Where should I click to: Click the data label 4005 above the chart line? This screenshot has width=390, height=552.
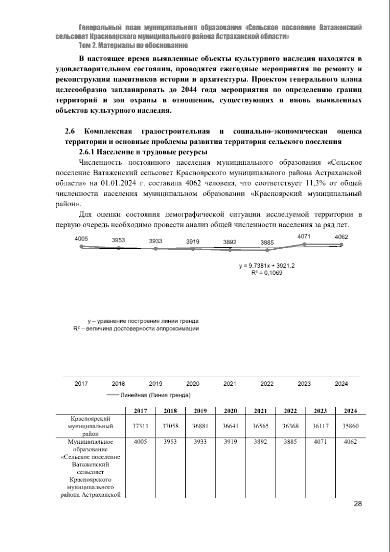(81, 239)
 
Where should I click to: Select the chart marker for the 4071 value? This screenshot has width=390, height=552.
(304, 244)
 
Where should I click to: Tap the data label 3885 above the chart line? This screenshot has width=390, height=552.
(267, 242)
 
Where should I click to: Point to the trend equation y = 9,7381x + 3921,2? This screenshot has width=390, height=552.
(267, 266)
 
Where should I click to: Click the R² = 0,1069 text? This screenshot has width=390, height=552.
(267, 273)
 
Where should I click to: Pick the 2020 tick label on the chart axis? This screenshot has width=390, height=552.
(193, 384)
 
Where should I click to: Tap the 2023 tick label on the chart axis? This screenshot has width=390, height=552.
(304, 384)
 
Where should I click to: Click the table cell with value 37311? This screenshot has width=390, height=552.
(140, 426)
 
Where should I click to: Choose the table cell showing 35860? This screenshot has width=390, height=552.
(350, 426)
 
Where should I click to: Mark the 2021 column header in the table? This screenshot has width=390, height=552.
(260, 411)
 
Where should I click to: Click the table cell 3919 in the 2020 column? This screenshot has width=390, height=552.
(230, 442)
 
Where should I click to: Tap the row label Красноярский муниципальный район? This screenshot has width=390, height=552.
(91, 426)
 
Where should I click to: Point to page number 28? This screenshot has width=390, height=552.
(357, 513)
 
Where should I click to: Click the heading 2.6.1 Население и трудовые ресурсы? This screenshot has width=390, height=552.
(143, 152)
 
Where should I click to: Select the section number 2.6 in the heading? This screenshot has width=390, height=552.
(70, 131)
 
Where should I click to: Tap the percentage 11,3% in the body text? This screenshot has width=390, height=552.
(317, 183)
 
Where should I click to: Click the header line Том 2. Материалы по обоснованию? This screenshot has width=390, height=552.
(133, 46)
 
